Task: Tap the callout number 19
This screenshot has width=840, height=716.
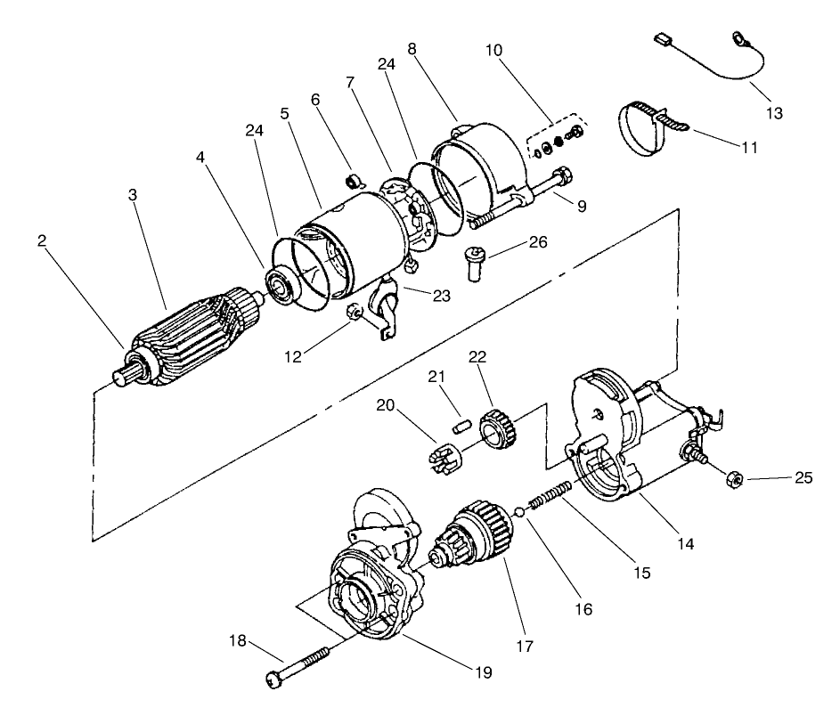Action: pos(483,673)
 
